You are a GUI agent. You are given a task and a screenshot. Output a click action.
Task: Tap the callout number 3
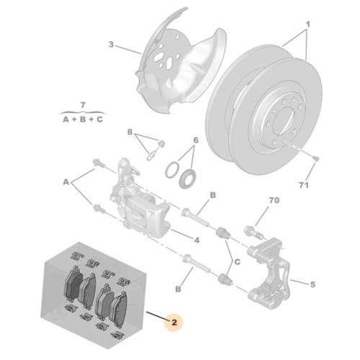[112, 45]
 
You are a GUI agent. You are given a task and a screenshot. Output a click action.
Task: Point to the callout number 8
[130, 132]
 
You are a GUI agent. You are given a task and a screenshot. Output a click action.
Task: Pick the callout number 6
[194, 140]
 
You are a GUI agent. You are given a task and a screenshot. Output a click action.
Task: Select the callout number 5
[311, 284]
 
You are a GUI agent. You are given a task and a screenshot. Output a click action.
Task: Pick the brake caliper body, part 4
[144, 205]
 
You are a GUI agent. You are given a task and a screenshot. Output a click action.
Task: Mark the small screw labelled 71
[315, 156]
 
